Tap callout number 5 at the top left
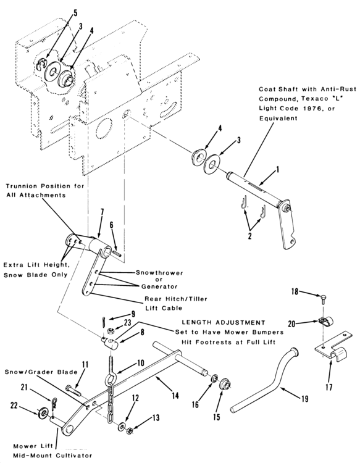75,13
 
